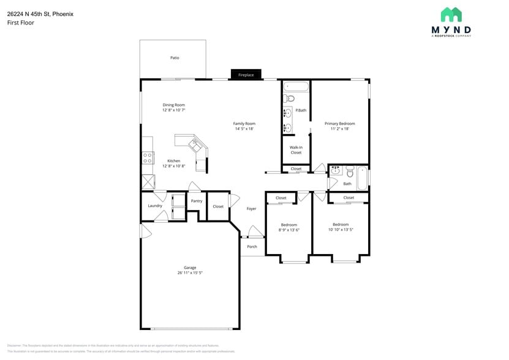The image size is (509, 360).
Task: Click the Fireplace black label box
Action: tap(246, 75)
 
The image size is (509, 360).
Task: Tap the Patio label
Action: tap(175, 58)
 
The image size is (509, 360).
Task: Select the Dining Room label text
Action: tap(173, 105)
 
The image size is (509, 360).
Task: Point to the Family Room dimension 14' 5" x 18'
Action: tap(244, 129)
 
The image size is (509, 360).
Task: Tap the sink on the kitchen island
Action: tap(196, 145)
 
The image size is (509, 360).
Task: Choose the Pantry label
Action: tap(197, 201)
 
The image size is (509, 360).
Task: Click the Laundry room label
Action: tap(155, 206)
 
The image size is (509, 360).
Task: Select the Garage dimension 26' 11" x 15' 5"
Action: tap(190, 273)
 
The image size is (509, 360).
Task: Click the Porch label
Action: tap(252, 247)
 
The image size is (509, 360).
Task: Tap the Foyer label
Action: tap(251, 209)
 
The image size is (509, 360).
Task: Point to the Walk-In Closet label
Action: tap(296, 150)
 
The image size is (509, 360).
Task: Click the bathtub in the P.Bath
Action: tap(296, 86)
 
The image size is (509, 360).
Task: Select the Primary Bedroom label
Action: tap(339, 124)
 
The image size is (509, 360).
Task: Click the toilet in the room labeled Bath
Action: tap(349, 171)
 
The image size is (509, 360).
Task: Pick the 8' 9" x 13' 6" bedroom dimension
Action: tap(288, 230)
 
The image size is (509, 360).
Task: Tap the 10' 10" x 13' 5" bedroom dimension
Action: tap(341, 230)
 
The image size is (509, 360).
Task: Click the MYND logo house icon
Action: tap(451, 15)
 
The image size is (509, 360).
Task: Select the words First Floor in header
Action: tap(21, 23)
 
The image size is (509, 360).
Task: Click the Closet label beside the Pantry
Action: tap(218, 207)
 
